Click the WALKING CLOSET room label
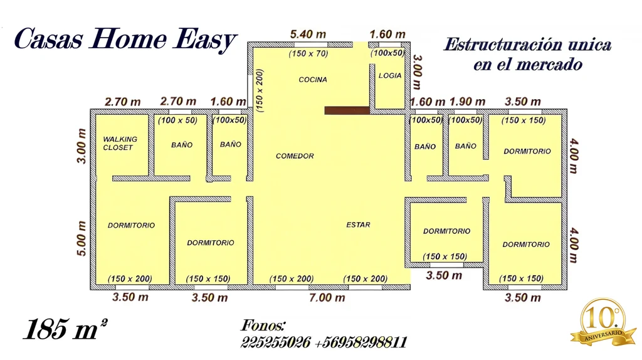[x=120, y=144]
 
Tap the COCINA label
[x=313, y=80]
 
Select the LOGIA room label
[x=390, y=75]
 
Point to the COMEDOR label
[x=295, y=156]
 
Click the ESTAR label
[x=358, y=225]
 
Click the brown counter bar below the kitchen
[x=347, y=110]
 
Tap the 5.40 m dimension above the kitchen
[x=308, y=34]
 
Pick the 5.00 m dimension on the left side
[x=82, y=238]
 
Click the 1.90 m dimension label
[x=467, y=101]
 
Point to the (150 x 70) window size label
[x=308, y=53]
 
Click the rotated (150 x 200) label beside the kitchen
[x=259, y=90]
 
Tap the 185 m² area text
[x=65, y=329]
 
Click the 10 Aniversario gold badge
[x=603, y=322]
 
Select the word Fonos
[x=263, y=326]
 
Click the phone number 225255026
[x=276, y=342]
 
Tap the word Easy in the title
[x=204, y=40]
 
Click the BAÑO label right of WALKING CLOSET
[x=182, y=145]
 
